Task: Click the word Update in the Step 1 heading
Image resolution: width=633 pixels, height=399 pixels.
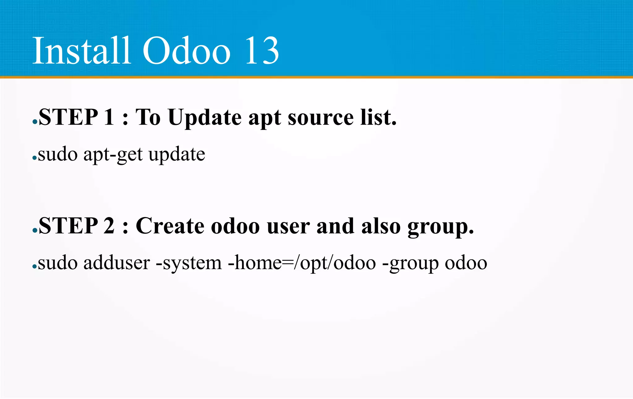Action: click(204, 118)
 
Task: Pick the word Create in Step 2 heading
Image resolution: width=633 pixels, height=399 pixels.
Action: click(170, 226)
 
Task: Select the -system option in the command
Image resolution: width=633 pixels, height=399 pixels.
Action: click(189, 264)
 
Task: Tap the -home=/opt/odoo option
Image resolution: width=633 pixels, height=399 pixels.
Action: click(302, 264)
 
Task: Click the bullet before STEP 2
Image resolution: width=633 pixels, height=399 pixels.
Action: click(35, 231)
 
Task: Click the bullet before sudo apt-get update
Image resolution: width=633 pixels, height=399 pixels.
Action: click(34, 158)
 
